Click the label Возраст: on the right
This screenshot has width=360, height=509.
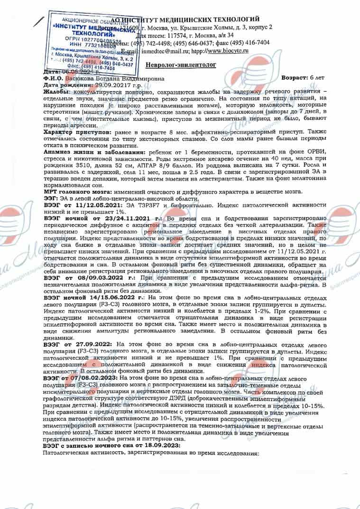coord(295,77)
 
